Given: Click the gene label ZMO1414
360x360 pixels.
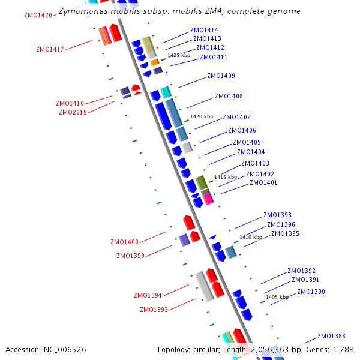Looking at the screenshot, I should pyautogui.click(x=204, y=30).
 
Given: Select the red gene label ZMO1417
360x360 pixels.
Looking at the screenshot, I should pyautogui.click(x=50, y=50).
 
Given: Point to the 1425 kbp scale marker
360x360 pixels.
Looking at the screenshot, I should pyautogui.click(x=179, y=55).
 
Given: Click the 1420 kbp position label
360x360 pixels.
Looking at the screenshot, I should pyautogui.click(x=202, y=116).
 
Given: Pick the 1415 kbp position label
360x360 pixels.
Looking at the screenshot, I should pyautogui.click(x=226, y=177).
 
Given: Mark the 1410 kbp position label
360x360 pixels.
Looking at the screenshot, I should pyautogui.click(x=251, y=237).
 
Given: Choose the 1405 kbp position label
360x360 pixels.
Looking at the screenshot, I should pyautogui.click(x=277, y=297).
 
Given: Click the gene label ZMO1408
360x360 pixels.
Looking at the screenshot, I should pyautogui.click(x=229, y=96).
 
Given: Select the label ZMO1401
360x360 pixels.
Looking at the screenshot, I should pyautogui.click(x=263, y=182).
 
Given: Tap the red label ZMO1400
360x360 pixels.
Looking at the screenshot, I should pyautogui.click(x=124, y=242).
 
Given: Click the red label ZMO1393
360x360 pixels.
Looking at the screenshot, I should pyautogui.click(x=154, y=310).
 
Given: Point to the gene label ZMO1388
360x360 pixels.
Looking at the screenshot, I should pyautogui.click(x=331, y=336).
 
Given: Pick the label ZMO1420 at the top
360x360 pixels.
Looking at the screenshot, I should pyautogui.click(x=38, y=15).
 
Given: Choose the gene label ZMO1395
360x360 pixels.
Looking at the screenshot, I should pyautogui.click(x=285, y=233).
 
